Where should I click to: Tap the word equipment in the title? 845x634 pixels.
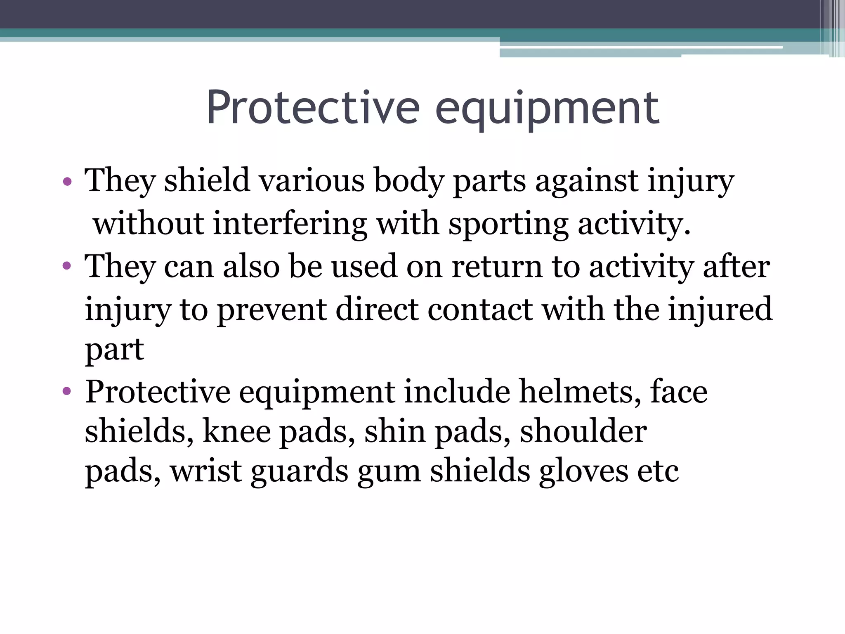[x=547, y=108]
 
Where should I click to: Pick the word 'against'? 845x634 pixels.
[x=586, y=182]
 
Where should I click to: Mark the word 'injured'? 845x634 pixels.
[x=720, y=310]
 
